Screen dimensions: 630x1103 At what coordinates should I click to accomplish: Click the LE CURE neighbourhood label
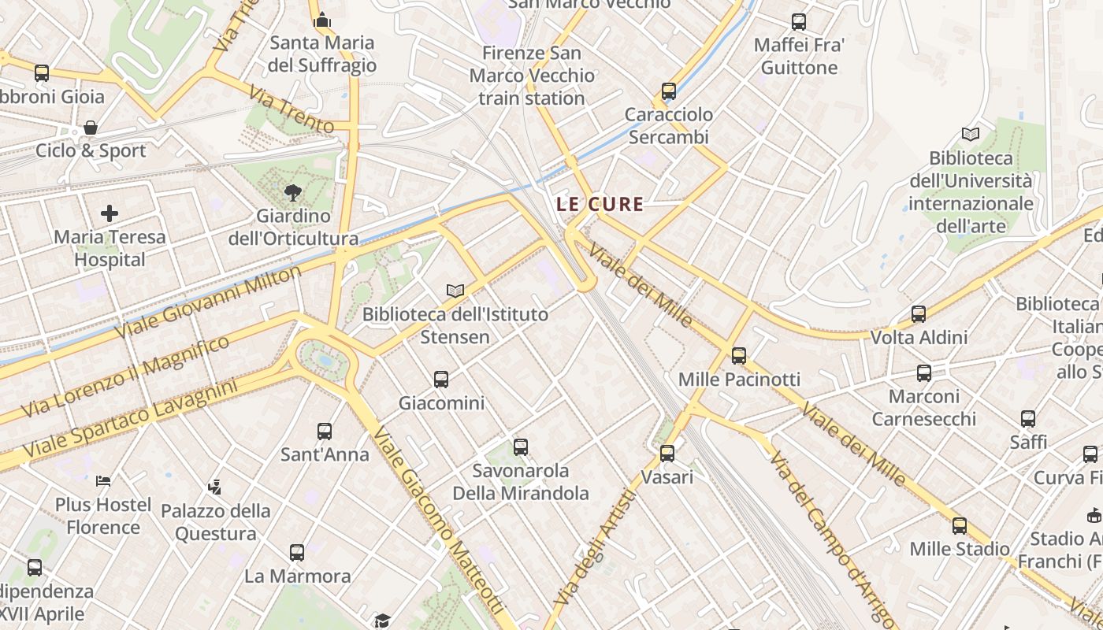600,204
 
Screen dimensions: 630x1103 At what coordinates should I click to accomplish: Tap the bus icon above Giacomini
441,380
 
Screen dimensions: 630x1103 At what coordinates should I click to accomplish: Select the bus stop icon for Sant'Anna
325,432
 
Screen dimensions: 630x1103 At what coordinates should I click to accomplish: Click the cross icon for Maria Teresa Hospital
110,213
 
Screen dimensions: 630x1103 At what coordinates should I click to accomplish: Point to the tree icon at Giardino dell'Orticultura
293,192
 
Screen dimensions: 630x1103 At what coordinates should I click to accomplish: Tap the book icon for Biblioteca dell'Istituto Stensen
455,291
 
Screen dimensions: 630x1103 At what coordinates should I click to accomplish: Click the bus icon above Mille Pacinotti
738,356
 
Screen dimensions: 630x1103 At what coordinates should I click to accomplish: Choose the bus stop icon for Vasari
667,454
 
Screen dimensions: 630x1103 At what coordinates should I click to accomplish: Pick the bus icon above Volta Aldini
918,314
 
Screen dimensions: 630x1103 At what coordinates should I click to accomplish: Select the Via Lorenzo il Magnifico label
125,376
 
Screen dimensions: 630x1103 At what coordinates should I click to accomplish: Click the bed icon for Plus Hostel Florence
103,480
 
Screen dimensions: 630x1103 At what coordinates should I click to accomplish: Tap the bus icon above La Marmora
297,553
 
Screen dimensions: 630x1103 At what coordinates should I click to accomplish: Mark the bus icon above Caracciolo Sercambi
669,91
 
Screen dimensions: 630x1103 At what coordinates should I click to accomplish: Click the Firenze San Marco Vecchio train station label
532,76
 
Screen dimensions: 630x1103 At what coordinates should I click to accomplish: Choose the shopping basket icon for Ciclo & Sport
91,128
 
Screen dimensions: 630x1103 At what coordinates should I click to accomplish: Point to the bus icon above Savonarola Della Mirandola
520,447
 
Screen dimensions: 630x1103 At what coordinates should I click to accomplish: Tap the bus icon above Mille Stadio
959,525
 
